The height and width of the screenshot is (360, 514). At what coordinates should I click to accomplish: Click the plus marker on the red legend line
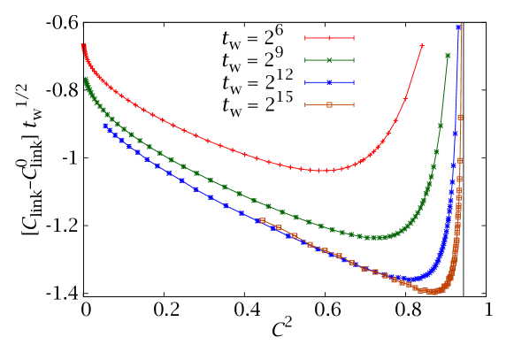point(329,38)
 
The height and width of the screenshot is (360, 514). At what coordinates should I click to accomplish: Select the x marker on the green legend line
point(329,60)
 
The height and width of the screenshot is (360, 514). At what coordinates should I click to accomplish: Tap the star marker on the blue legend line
point(329,82)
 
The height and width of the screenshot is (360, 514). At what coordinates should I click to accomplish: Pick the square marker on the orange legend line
point(329,104)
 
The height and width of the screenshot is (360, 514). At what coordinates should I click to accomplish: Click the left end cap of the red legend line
point(305,38)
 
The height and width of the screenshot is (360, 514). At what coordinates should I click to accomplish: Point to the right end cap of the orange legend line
point(354,104)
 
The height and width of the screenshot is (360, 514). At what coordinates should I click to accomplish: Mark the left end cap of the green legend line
point(305,60)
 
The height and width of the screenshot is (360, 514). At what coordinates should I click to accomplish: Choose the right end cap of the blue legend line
point(354,82)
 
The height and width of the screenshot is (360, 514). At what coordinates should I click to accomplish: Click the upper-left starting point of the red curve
point(82,45)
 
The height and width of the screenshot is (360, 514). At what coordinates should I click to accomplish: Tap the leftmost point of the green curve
point(85,80)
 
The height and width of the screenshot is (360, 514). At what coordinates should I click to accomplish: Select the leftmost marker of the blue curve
point(105,126)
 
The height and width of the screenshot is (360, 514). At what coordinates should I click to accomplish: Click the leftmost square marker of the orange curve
point(262,220)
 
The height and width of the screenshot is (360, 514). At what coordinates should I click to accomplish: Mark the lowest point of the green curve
point(377,237)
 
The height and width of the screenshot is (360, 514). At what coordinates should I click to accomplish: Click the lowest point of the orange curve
point(433,291)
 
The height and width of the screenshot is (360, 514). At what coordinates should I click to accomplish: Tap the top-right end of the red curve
point(422,44)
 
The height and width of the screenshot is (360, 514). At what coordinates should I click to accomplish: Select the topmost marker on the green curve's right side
point(448,56)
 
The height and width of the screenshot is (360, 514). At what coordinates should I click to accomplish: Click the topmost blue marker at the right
point(458,27)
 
